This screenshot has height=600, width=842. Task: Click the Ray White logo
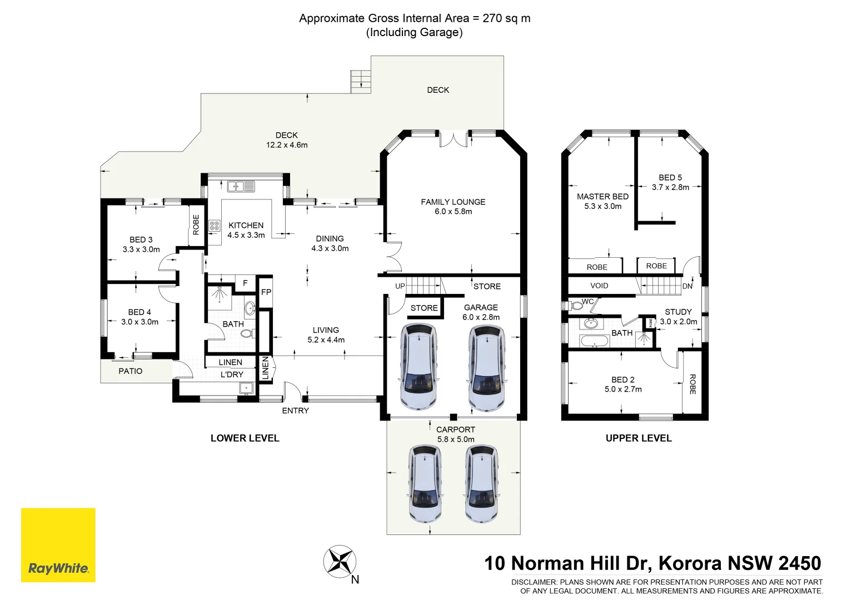click(x=58, y=545)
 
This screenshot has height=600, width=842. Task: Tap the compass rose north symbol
click(x=340, y=562)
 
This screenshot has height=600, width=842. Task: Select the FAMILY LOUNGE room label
click(x=453, y=202)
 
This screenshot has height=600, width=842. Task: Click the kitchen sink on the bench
click(x=241, y=187)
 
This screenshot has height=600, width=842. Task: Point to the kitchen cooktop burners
click(x=215, y=226)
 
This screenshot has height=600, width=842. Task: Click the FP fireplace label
click(x=266, y=292)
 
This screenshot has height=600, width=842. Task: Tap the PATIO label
click(x=130, y=371)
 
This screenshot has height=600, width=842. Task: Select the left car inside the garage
click(x=418, y=367)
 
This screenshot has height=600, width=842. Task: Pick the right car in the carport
click(x=481, y=483)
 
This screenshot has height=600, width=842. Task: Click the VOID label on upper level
click(x=599, y=286)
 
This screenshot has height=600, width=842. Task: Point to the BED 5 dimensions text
click(x=670, y=187)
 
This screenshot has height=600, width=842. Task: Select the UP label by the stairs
click(x=400, y=286)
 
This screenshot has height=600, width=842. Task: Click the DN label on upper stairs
click(x=687, y=286)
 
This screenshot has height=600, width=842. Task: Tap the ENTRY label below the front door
click(x=295, y=411)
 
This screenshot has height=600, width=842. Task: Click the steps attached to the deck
click(x=360, y=82)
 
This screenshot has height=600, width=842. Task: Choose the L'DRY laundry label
click(x=232, y=374)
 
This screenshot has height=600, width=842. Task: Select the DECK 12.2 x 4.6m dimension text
click(x=286, y=145)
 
